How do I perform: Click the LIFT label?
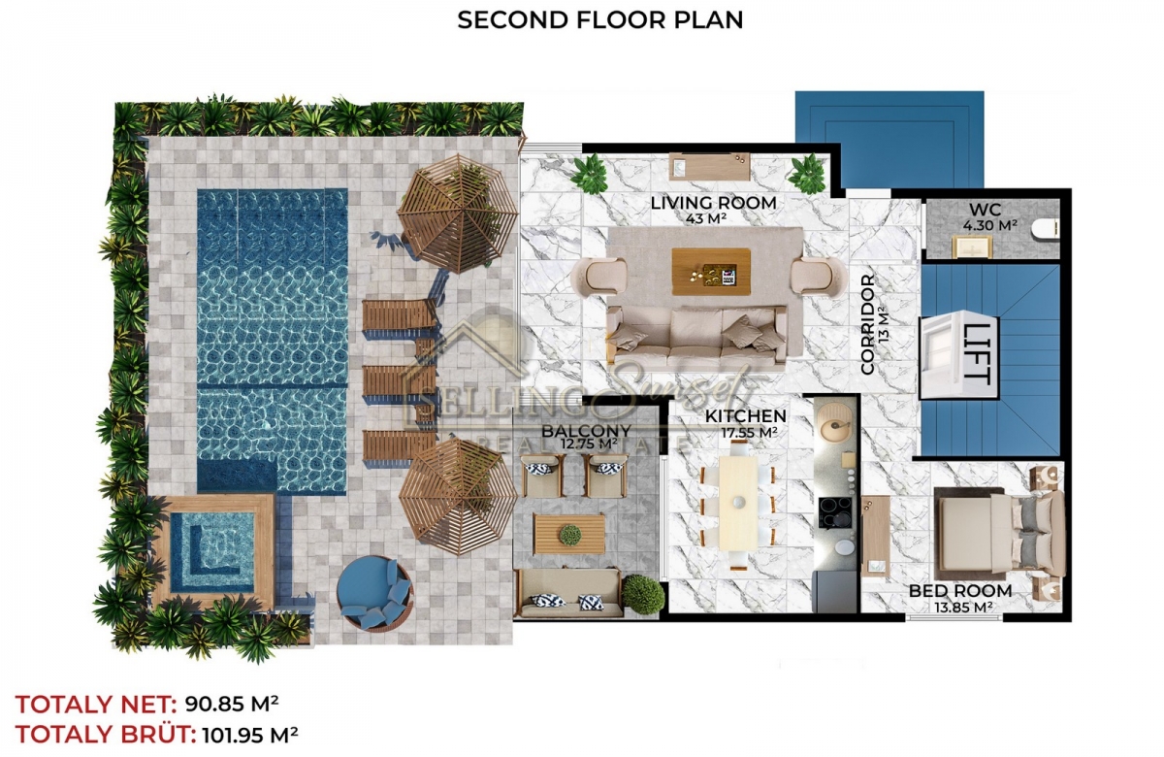[x=977, y=353]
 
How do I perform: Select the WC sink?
[x=972, y=247]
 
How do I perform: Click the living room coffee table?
[x=710, y=272]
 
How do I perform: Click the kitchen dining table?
[x=738, y=504]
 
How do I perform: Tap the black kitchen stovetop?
[x=835, y=512]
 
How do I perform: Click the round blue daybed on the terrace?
[x=374, y=593]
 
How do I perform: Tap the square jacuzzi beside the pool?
[x=212, y=551]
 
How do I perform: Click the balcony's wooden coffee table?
[x=569, y=534]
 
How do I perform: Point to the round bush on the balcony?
[x=643, y=593]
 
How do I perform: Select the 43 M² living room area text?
[x=706, y=219]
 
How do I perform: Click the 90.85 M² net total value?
[x=232, y=704]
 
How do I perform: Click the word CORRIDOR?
[x=867, y=324]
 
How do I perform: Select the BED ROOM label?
[x=960, y=591]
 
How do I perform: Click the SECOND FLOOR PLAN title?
[x=600, y=19]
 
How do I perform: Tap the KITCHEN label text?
[x=746, y=416]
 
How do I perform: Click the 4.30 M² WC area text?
[x=989, y=225]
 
